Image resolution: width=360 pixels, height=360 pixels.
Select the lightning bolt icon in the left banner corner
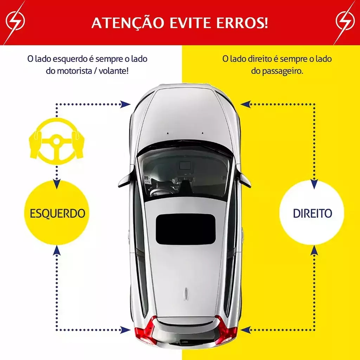coord(15,21)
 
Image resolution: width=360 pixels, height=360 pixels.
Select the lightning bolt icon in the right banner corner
coord(345,21)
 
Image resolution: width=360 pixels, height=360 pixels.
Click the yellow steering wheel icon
coord(57,141)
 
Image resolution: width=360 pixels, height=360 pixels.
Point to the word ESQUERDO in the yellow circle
coord(57,213)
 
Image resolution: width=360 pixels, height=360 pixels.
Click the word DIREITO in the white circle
coord(313,213)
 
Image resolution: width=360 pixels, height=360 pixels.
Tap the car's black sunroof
coord(186,229)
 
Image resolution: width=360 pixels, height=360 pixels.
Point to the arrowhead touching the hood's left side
coord(126,104)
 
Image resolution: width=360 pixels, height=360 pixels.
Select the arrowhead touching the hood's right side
coord(245,104)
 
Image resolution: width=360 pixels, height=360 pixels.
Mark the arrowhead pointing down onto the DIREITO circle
coord(314,184)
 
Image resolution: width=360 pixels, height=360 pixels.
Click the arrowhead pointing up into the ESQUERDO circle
coord(57,250)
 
